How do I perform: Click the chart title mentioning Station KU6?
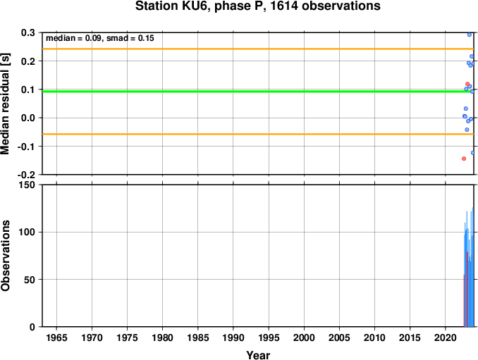257,6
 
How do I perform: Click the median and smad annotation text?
100,38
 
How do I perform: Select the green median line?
258,92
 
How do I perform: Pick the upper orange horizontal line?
258,49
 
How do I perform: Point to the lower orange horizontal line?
258,134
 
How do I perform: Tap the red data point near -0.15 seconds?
464,159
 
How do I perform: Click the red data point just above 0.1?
467,84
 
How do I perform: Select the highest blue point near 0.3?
470,35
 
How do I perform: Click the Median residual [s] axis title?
5,104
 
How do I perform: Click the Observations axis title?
5,255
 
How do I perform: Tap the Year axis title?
258,355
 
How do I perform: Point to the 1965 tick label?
56,337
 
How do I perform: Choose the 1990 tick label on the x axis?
233,337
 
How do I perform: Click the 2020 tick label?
446,337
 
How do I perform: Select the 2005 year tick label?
339,337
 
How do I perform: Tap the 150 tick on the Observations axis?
27,185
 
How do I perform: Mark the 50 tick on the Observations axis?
30,280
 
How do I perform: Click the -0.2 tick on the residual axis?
27,175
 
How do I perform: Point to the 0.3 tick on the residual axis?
28,32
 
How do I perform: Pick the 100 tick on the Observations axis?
27,232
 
